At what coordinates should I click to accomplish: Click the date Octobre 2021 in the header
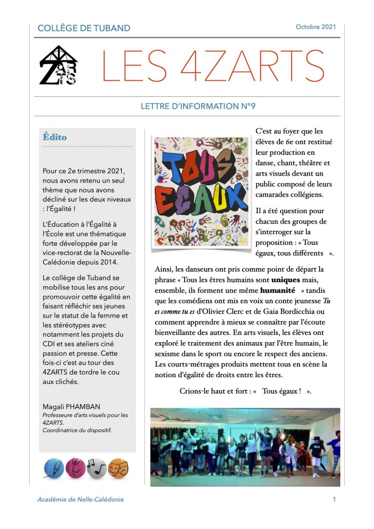[316, 27]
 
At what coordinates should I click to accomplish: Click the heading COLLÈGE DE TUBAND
[84, 28]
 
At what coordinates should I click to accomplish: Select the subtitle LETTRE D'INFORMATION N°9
[198, 106]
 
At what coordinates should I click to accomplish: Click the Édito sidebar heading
[55, 137]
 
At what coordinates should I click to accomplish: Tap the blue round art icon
[54, 468]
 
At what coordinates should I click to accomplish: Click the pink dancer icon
[75, 468]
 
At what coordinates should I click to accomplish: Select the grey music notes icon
[96, 468]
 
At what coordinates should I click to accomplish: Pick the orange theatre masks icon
[118, 468]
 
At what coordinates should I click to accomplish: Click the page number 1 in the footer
[334, 499]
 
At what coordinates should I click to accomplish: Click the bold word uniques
[285, 280]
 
